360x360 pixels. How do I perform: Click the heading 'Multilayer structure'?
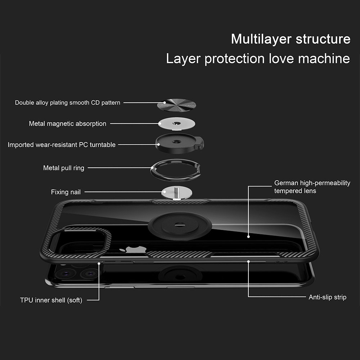[291, 39]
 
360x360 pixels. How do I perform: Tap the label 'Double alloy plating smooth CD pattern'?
[68, 103]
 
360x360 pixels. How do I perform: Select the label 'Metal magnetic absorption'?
[68, 123]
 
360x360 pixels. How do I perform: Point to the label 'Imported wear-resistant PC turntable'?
[62, 145]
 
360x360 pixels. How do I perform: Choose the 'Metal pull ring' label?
[64, 168]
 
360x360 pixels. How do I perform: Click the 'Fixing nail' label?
[66, 192]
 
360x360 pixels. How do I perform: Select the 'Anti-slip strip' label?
[328, 297]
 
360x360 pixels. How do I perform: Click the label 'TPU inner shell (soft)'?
[51, 300]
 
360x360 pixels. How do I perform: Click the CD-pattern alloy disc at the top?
[176, 105]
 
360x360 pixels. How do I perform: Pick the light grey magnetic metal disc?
[176, 124]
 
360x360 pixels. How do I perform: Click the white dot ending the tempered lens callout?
[248, 237]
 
